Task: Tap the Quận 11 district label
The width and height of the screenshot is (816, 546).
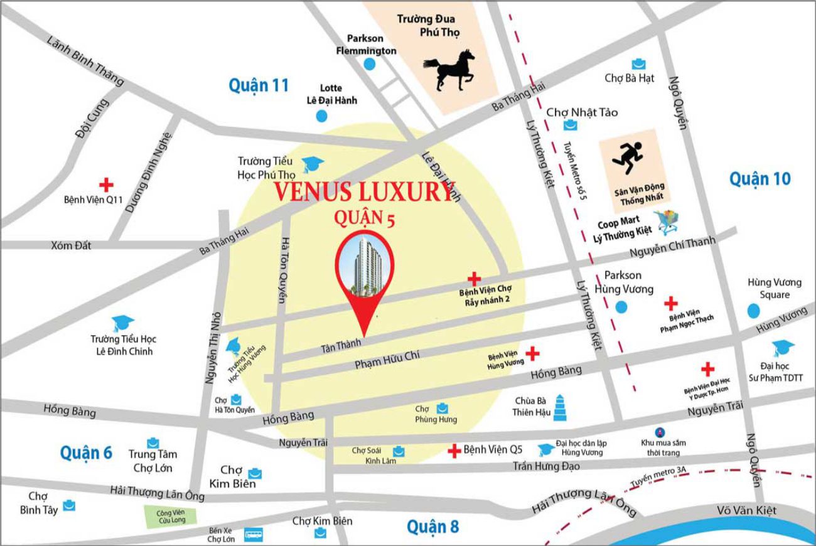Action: (258, 85)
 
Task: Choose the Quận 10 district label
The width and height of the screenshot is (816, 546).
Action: (760, 179)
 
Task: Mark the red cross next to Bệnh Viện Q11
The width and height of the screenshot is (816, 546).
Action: (106, 185)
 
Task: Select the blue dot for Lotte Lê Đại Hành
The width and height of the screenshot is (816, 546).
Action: (321, 115)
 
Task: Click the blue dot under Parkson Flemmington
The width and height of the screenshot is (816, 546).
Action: (369, 64)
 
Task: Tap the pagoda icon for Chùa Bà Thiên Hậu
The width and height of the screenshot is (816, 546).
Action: (561, 407)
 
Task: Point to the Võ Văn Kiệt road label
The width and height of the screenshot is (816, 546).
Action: (747, 510)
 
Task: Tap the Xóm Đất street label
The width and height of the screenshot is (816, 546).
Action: (71, 246)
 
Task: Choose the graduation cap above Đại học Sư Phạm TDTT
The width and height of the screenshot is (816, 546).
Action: (782, 348)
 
